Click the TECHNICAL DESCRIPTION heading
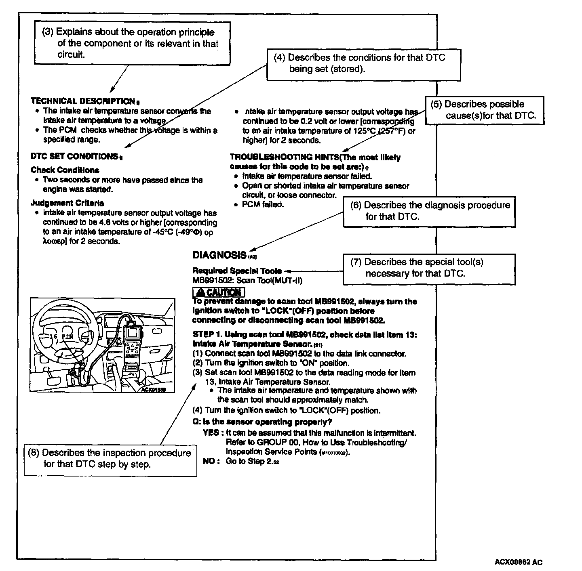pos(83,101)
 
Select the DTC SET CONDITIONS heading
pos(74,156)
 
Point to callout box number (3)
pos(132,43)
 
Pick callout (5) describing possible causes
pos(484,110)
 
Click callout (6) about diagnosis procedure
pos(429,211)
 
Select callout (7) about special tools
pos(429,268)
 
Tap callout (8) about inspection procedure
pos(110,459)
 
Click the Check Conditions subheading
pos(65,170)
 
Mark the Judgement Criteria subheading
pos(67,203)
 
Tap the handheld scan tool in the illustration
pos(132,343)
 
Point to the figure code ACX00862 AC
pos(518,562)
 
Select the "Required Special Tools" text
pos(237,271)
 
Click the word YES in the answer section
pos(211,433)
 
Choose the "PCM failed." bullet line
pos(263,205)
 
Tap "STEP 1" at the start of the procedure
pos(207,335)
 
